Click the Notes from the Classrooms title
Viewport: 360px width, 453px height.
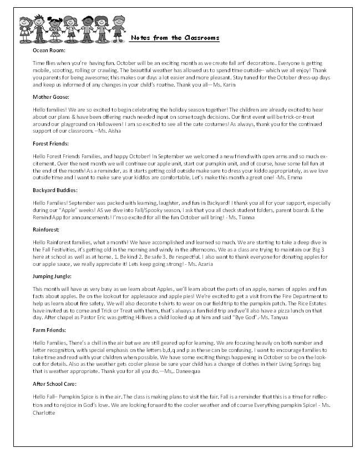pyautogui.click(x=175, y=38)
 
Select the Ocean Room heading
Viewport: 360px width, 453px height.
pyautogui.click(x=49, y=51)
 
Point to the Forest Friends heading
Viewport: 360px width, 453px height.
pyautogui.click(x=52, y=143)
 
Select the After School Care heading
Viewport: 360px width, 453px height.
pyautogui.click(x=55, y=384)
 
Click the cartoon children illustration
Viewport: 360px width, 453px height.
pyautogui.click(x=72, y=27)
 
